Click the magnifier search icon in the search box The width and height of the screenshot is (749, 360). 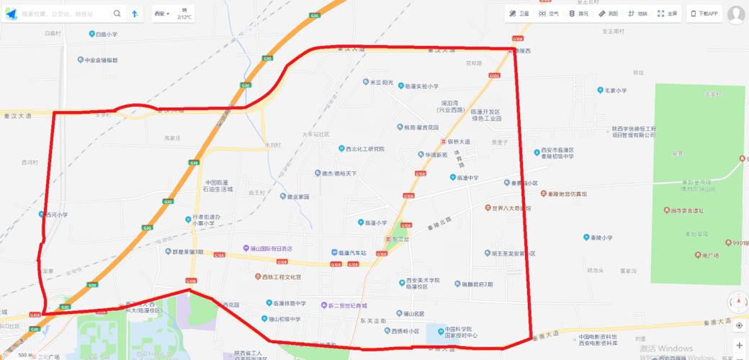point(117,14)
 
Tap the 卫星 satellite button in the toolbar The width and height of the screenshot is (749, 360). point(519,14)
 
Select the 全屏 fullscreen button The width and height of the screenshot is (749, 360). point(668,14)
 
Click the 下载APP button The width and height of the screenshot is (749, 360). point(705,14)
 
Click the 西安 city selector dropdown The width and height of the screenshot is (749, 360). point(162,14)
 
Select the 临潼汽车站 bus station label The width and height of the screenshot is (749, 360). point(349,253)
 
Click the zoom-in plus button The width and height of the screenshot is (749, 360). point(739,346)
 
